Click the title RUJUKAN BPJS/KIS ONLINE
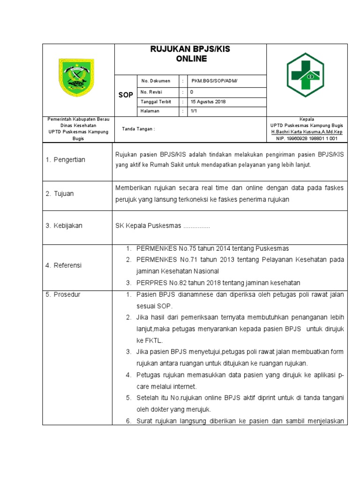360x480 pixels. [190, 54]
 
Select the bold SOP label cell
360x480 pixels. [126, 95]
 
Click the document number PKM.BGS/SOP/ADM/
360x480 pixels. [214, 81]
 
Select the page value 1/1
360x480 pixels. [194, 111]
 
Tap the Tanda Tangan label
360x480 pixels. [138, 129]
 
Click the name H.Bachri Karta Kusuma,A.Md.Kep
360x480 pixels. [307, 132]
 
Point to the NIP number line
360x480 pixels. [307, 138]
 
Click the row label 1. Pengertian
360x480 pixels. [66, 160]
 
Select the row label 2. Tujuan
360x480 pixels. [60, 194]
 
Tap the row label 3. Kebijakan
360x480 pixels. [64, 225]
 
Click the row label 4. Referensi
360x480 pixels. [64, 265]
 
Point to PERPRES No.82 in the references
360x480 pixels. [161, 283]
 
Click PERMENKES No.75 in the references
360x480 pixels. [165, 248]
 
